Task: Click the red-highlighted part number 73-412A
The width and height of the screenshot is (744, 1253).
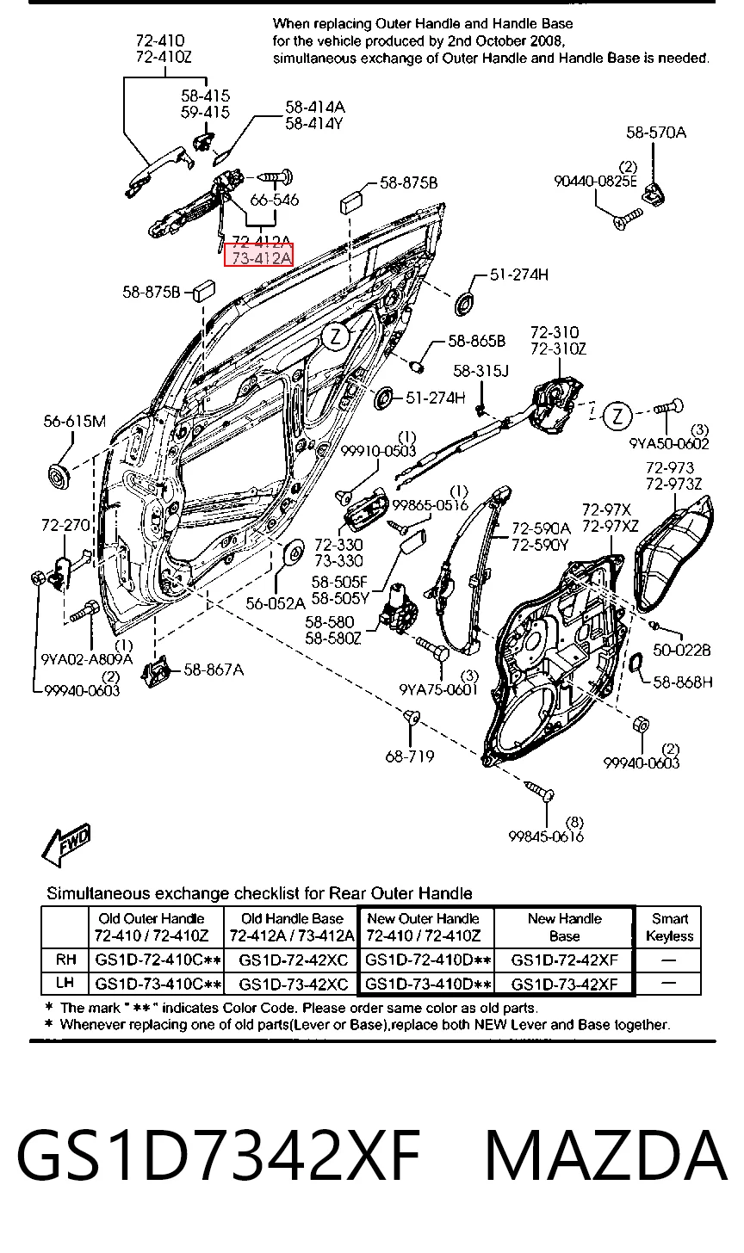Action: point(258,257)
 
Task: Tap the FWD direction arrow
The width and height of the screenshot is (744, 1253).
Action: point(66,844)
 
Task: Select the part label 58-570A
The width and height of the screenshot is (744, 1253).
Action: point(656,133)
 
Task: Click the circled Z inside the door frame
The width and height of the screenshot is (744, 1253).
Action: point(335,336)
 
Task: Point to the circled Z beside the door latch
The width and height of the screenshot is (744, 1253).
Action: point(617,417)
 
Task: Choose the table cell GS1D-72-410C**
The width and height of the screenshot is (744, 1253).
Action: point(158,960)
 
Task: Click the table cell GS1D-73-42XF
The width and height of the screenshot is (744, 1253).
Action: point(564,984)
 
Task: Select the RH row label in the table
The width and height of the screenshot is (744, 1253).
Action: point(66,960)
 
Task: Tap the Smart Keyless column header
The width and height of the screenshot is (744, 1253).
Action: point(669,927)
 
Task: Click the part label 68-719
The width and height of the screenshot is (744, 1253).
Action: point(410,756)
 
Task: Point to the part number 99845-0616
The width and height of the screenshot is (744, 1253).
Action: point(546,836)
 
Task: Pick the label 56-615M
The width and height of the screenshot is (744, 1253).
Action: point(74,421)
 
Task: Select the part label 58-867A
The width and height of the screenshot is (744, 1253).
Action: point(214,670)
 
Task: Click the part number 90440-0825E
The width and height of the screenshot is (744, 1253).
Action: point(595,182)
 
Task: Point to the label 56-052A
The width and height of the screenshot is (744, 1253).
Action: point(276,603)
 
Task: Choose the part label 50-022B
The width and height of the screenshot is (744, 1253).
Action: point(682,650)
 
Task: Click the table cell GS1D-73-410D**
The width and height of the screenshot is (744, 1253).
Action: point(428,984)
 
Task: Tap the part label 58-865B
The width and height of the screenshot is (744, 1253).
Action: point(476,341)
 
